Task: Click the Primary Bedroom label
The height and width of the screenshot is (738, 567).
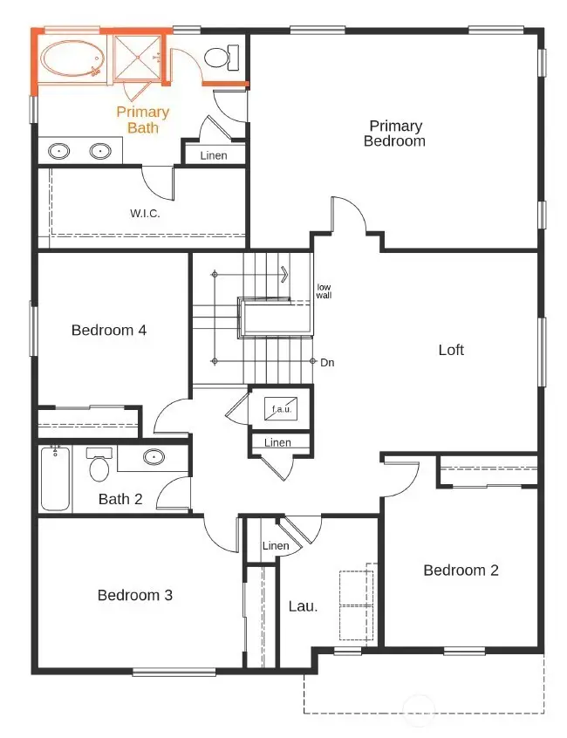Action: (395, 133)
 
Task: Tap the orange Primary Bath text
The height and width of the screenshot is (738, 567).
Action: (143, 120)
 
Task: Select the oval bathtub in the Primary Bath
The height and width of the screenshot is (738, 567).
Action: (72, 61)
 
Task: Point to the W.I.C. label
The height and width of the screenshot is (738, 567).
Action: (145, 212)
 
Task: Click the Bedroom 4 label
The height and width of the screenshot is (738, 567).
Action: (109, 330)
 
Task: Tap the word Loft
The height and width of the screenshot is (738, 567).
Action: (451, 350)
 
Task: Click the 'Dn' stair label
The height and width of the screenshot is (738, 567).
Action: (328, 361)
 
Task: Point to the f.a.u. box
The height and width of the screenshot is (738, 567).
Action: (280, 407)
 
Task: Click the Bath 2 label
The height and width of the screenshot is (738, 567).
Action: (120, 499)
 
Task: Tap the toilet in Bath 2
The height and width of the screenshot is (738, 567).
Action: (99, 466)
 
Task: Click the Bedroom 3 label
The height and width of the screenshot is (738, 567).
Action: (134, 595)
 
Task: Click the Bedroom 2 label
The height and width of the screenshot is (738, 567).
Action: (461, 570)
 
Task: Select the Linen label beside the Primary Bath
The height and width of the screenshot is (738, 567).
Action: (214, 155)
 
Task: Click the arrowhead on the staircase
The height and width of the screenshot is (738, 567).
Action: (284, 274)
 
